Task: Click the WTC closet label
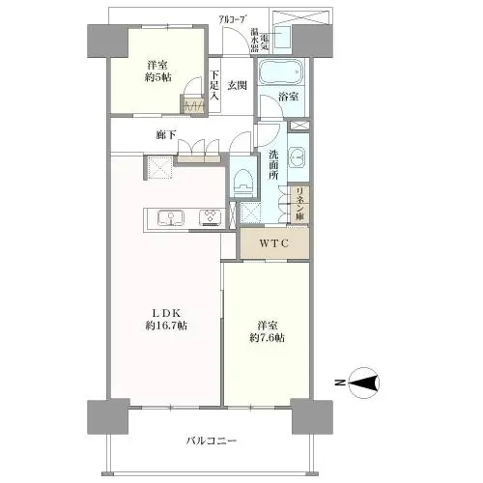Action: [x=274, y=242]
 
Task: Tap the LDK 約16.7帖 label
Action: [x=165, y=318]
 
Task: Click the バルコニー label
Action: [x=212, y=441]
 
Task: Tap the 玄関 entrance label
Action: [x=238, y=85]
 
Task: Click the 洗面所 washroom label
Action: [x=275, y=165]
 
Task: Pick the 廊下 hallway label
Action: [x=165, y=136]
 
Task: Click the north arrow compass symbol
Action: [x=363, y=384]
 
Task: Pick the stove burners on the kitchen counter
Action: [x=210, y=216]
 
